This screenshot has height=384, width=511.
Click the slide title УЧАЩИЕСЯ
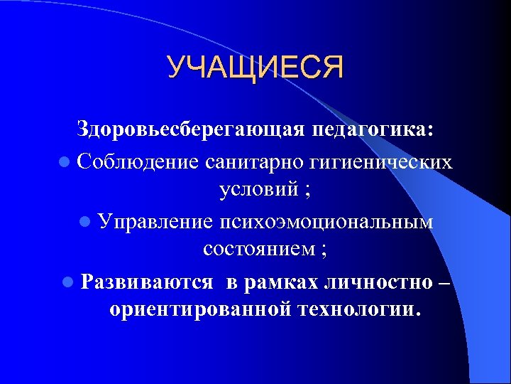pos(255,68)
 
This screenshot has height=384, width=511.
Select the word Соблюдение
pos(139,161)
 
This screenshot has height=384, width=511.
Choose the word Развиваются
pos(146,282)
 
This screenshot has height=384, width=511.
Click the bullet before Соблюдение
pos(65,163)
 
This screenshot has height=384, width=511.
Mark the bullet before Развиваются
pos(67,282)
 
